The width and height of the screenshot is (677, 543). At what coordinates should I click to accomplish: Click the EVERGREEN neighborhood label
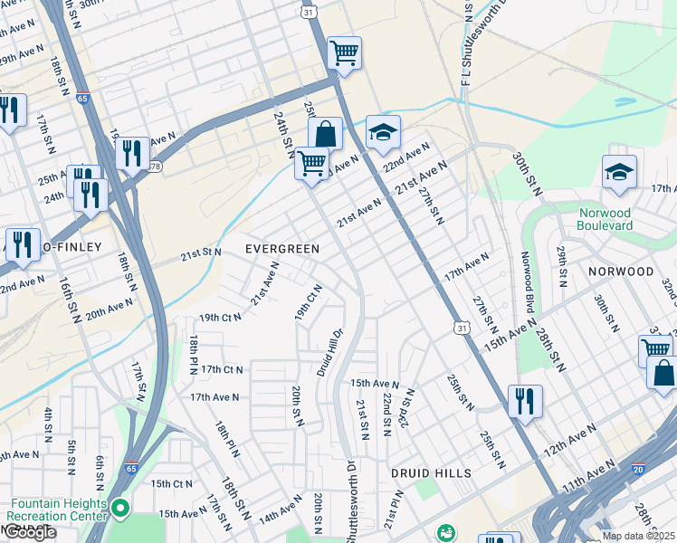tap(282, 248)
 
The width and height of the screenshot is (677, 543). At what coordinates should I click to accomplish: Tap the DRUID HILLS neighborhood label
tap(431, 473)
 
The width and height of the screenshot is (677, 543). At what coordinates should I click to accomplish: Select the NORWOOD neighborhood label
tap(621, 271)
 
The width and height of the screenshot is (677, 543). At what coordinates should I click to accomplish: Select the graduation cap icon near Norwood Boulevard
tap(619, 172)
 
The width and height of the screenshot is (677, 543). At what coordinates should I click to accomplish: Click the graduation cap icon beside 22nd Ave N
tap(383, 132)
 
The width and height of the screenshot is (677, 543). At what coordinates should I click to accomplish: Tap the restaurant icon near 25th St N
tap(525, 399)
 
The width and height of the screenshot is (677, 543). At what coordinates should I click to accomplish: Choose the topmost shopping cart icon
tap(344, 52)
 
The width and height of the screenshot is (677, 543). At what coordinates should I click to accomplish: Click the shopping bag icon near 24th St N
tap(325, 135)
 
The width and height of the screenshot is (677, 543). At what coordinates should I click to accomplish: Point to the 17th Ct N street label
tap(222, 369)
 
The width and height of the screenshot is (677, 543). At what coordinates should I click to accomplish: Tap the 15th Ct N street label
tap(172, 484)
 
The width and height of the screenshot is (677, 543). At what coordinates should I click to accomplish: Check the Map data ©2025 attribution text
tap(638, 536)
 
